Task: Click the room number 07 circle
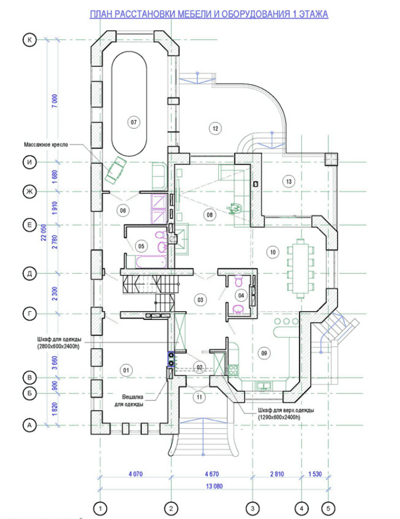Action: point(133,122)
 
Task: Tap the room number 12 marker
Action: point(215,128)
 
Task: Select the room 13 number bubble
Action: point(289,181)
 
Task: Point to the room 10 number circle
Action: point(272,252)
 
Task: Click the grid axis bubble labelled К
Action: point(29,40)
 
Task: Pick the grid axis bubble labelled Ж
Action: point(29,192)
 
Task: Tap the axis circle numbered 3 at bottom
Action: point(252,508)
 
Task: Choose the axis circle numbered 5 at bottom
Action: point(328,508)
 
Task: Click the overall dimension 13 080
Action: point(214,486)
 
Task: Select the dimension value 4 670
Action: point(212,473)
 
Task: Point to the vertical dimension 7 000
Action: point(55,101)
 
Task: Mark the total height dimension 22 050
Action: point(44,232)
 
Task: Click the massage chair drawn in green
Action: point(115,170)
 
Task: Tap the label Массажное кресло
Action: point(46,145)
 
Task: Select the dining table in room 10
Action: point(300,268)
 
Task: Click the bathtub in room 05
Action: point(151,262)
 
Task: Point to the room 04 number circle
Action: point(241,295)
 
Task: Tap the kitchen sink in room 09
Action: point(264,386)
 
